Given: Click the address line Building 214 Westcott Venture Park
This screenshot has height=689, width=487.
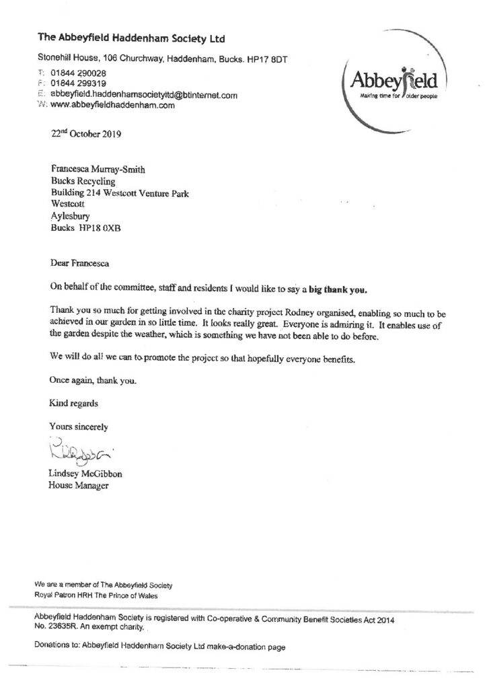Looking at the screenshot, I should coord(120,194).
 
